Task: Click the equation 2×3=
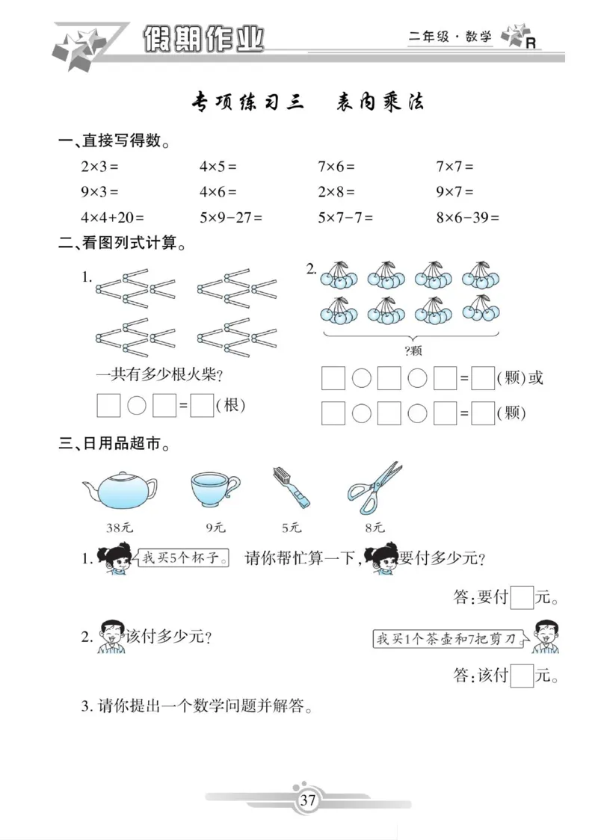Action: click(99, 167)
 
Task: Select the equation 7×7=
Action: click(454, 167)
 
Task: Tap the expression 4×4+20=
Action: click(111, 217)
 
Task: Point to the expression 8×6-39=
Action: click(467, 217)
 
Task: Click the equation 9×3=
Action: click(99, 192)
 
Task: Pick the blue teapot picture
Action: click(120, 490)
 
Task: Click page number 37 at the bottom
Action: click(308, 800)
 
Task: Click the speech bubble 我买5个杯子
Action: click(182, 558)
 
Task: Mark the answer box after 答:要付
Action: click(523, 597)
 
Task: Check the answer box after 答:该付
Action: click(523, 676)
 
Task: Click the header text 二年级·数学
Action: click(451, 37)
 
